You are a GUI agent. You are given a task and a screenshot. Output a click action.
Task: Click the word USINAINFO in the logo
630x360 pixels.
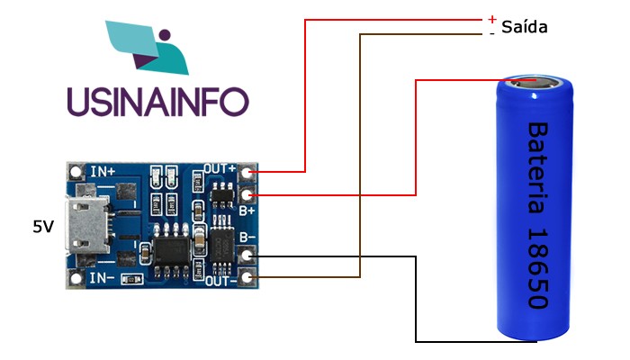point(157,100)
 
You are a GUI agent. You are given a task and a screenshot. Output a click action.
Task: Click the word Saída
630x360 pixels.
point(525,27)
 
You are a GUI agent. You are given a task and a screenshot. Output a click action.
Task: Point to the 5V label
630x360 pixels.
point(43,227)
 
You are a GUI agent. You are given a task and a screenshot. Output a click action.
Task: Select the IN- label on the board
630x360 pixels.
point(101,278)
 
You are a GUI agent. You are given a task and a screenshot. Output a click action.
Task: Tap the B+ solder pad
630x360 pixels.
point(250,194)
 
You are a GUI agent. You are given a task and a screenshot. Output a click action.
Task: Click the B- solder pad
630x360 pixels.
point(250,256)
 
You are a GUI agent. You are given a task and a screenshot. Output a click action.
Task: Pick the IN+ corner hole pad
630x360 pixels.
point(75,170)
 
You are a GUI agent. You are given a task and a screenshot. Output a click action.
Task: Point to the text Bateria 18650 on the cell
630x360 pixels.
point(537,216)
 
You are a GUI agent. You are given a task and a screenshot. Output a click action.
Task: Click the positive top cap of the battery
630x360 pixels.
point(536,84)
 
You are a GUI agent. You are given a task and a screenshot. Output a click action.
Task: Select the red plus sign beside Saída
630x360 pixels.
point(492,19)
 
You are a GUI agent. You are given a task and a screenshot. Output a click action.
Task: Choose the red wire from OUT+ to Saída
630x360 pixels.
point(306,90)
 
